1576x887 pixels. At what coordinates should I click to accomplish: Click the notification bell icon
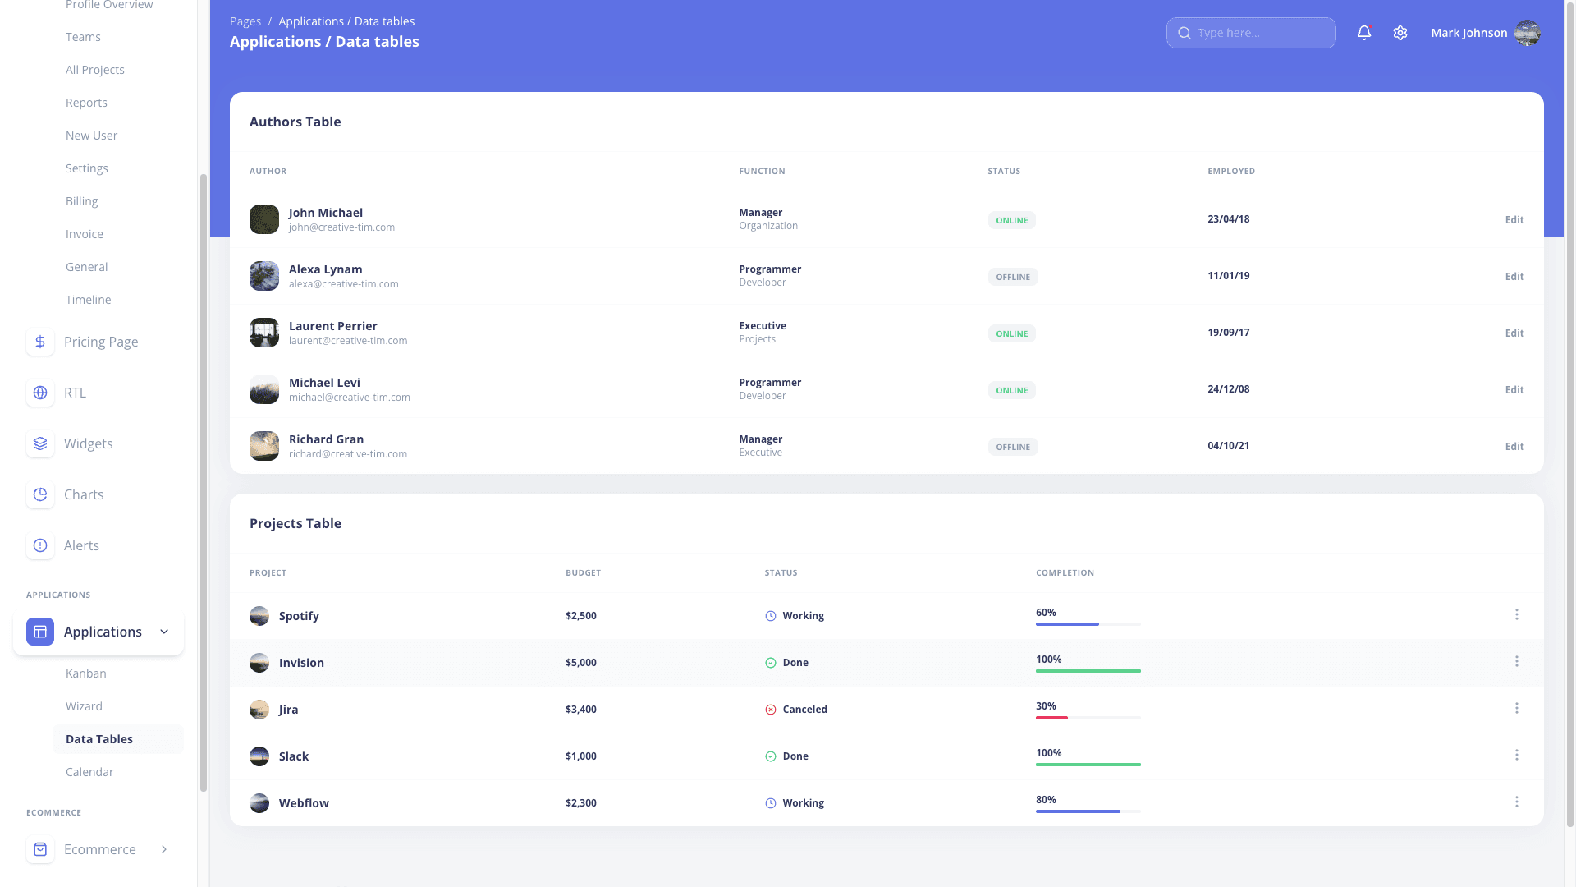click(x=1363, y=33)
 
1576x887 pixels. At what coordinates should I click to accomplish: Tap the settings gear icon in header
click(x=1400, y=33)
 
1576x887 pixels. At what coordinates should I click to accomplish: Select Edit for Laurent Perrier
click(x=1514, y=333)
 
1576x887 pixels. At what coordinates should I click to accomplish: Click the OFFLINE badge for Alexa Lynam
click(x=1012, y=278)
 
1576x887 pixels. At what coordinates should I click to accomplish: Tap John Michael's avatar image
click(x=264, y=219)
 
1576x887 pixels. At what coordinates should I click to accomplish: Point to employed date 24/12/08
click(x=1228, y=389)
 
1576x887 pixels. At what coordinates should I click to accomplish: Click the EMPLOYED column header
click(x=1230, y=172)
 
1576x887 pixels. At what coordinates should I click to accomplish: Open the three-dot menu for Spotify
click(x=1516, y=615)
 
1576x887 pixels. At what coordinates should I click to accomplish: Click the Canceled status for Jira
click(x=804, y=710)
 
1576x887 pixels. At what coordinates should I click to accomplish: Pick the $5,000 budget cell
click(x=581, y=663)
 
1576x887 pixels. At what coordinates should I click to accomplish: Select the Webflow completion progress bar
click(x=1088, y=811)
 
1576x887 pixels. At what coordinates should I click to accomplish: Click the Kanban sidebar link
click(x=86, y=673)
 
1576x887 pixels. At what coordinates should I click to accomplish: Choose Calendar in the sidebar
click(x=89, y=772)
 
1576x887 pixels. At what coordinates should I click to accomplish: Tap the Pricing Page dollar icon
click(x=40, y=342)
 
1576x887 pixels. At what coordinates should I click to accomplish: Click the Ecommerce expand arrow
click(x=164, y=849)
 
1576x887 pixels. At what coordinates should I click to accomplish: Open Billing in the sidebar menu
click(x=81, y=201)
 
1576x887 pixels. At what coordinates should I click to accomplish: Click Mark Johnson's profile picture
click(x=1527, y=33)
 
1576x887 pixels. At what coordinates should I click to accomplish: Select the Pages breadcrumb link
click(x=245, y=21)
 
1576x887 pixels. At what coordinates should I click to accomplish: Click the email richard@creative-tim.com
click(x=348, y=454)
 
